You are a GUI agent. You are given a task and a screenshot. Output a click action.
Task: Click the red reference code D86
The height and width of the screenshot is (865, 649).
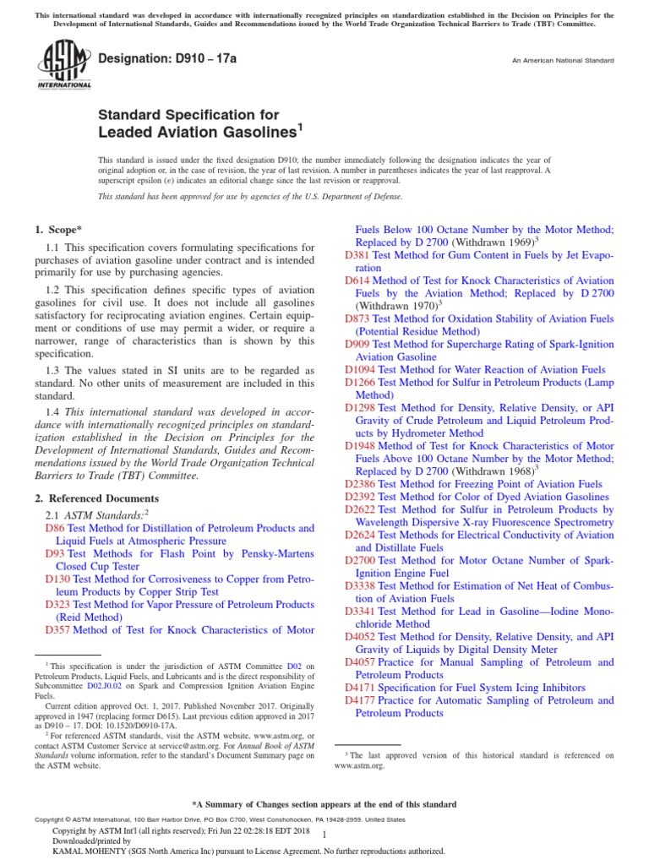(54, 528)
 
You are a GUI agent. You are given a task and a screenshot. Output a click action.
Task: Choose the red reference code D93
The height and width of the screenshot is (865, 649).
(54, 554)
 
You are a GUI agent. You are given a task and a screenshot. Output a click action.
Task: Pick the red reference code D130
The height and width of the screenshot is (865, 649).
(57, 579)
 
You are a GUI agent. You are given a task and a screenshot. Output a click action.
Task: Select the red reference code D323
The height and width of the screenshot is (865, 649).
(57, 605)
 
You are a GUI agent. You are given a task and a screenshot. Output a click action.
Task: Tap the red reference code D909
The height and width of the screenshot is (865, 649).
(357, 345)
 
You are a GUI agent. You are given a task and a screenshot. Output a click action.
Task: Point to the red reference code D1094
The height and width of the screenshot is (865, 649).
(360, 370)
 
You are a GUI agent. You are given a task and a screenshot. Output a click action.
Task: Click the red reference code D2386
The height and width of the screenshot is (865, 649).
(360, 484)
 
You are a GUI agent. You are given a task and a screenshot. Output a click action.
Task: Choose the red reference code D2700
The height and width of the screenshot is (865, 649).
(360, 560)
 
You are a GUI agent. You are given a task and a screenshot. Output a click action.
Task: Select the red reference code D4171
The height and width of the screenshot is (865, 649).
(360, 688)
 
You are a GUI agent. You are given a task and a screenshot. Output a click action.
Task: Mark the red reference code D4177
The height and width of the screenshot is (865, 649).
(360, 700)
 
